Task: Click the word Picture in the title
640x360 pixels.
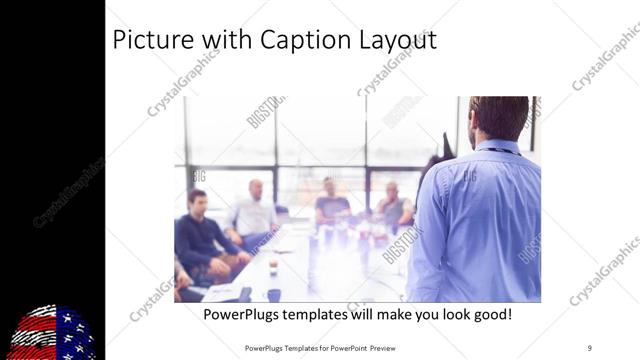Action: tap(150, 40)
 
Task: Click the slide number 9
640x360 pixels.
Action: tap(589, 347)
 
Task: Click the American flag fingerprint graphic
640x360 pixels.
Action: tap(53, 333)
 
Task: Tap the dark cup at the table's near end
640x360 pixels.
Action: tap(274, 295)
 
